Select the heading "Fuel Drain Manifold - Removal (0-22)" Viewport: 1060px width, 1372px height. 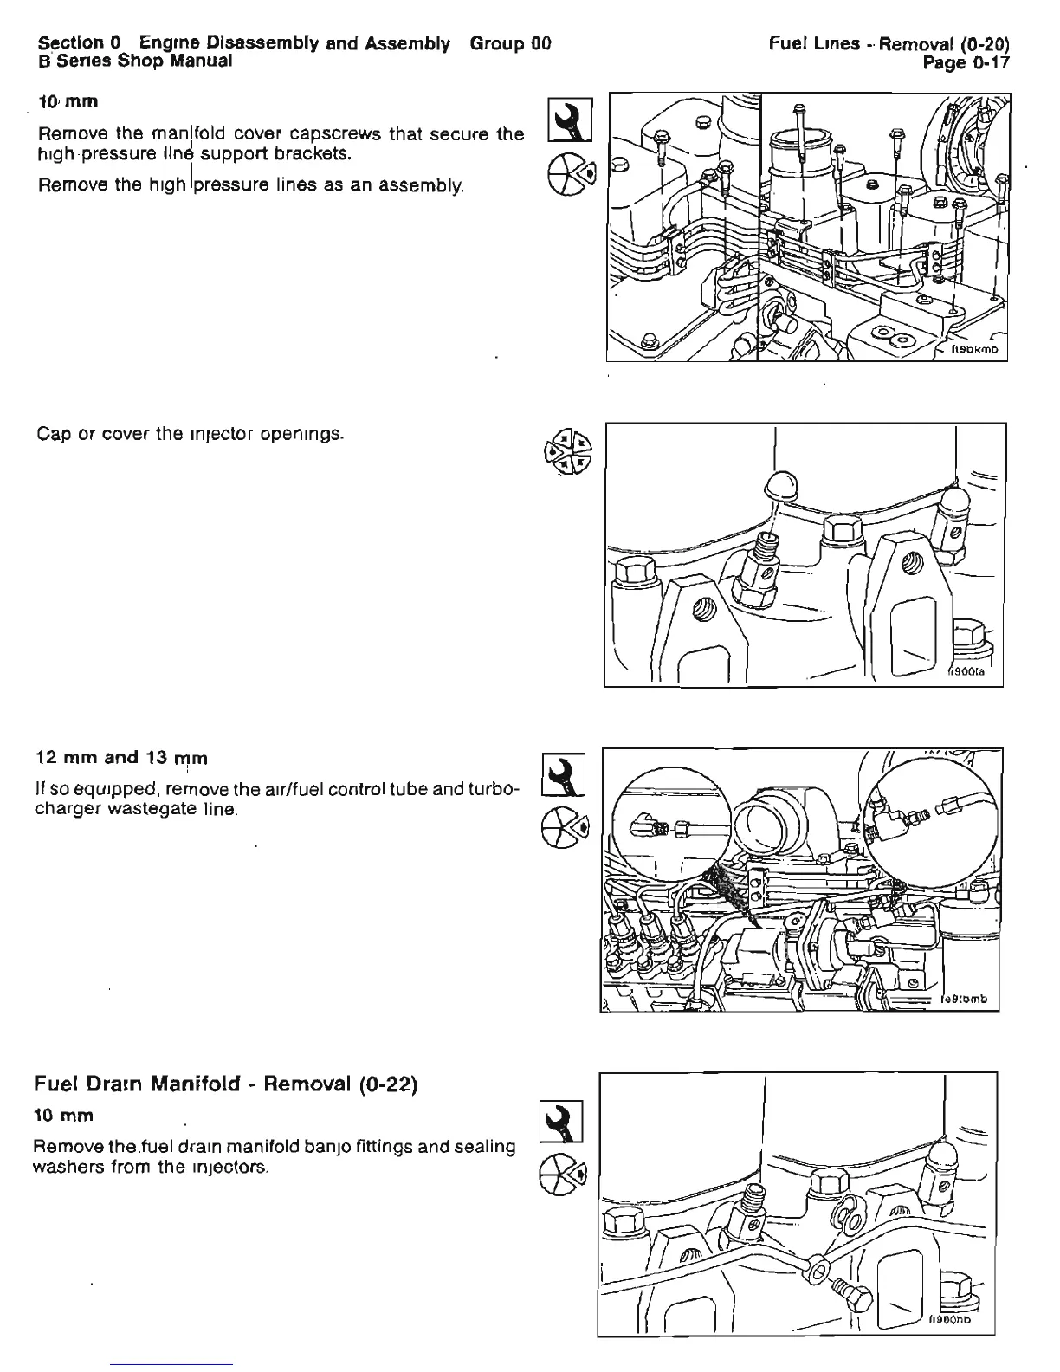(x=226, y=1084)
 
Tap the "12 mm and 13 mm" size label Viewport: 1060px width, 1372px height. (x=121, y=758)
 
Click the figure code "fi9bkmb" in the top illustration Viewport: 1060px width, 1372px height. (x=975, y=350)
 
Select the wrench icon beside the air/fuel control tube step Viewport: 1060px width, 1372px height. (x=563, y=774)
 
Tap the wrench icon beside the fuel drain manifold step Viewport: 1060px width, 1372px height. (x=562, y=1122)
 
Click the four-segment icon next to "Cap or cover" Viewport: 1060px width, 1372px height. (x=566, y=453)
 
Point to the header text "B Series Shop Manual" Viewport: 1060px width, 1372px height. (x=134, y=61)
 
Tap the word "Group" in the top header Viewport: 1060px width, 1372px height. (x=498, y=42)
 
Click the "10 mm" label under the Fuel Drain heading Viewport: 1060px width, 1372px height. (x=64, y=1114)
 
